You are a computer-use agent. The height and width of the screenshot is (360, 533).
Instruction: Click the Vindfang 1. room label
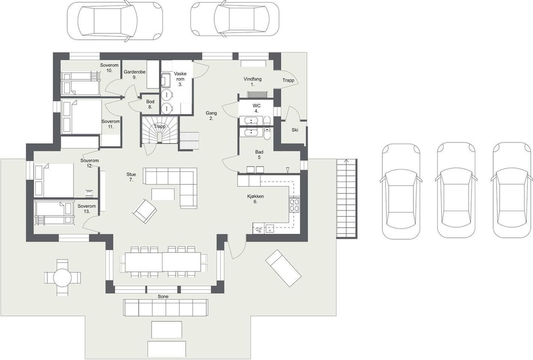(253, 82)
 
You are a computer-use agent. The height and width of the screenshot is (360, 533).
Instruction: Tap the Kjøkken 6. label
(256, 199)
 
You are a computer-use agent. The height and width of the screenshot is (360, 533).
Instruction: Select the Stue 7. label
(131, 177)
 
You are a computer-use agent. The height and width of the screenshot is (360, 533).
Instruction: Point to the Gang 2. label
(211, 116)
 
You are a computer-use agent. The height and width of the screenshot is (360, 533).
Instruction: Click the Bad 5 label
(260, 154)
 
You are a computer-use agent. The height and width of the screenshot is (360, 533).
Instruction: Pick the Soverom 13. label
(87, 209)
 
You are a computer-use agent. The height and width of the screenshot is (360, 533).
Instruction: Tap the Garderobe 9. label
(135, 75)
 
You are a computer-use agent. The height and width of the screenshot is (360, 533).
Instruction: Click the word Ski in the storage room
(295, 130)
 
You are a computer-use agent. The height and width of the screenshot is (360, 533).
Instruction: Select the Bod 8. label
(150, 104)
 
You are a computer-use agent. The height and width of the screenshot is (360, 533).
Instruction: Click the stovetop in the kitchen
(294, 205)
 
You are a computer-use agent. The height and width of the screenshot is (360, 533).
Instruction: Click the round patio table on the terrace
(63, 277)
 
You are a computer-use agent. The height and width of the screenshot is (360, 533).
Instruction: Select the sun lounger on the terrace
(283, 268)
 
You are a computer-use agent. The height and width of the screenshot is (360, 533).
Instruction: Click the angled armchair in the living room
(145, 211)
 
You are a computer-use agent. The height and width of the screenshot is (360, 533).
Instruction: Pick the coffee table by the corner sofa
(163, 194)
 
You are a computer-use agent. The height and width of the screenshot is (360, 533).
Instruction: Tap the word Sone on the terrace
(163, 297)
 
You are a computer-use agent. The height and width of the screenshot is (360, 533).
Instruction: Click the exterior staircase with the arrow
(347, 198)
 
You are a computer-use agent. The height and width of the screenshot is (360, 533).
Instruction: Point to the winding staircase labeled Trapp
(160, 130)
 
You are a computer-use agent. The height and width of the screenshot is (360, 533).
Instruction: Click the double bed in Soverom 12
(54, 181)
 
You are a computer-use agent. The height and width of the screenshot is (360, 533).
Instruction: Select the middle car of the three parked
(456, 190)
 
